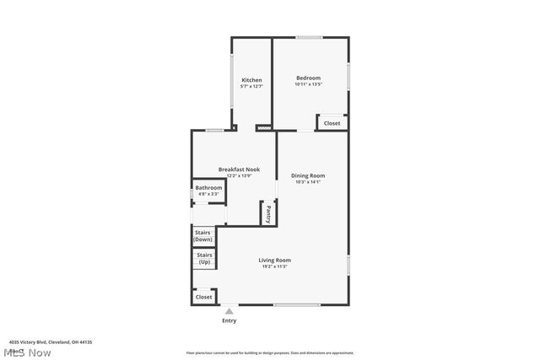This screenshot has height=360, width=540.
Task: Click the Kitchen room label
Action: click(251, 80)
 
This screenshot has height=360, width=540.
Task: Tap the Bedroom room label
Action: click(308, 78)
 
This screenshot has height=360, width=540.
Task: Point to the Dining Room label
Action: click(308, 175)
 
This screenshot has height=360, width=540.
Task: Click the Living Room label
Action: click(274, 260)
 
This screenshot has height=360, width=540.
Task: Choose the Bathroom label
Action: click(208, 187)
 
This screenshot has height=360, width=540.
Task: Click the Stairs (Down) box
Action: click(203, 235)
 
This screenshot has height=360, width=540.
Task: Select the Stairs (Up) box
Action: click(204, 258)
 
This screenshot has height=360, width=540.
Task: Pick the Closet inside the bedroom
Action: click(332, 123)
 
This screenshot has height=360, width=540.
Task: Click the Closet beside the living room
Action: click(203, 297)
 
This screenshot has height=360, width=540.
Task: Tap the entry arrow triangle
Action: click(229, 311)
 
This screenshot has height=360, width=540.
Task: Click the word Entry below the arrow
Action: click(229, 320)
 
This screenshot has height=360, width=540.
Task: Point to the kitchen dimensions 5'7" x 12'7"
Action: click(251, 86)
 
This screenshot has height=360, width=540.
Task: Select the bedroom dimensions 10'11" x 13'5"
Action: click(309, 84)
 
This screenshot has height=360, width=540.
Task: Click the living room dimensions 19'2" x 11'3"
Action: click(274, 266)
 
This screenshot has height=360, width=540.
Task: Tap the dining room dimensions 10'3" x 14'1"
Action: click(308, 181)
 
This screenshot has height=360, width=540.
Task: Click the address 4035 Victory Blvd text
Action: click(50, 341)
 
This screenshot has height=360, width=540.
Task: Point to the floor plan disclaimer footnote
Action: click(269, 353)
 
